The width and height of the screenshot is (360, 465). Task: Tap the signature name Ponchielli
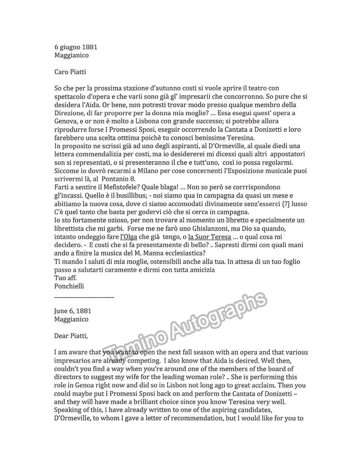click(x=69, y=286)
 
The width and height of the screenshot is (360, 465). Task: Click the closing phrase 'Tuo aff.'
click(x=66, y=278)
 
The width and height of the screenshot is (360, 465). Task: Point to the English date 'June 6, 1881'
click(x=73, y=311)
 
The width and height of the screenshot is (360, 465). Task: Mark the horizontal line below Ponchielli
click(x=84, y=296)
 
